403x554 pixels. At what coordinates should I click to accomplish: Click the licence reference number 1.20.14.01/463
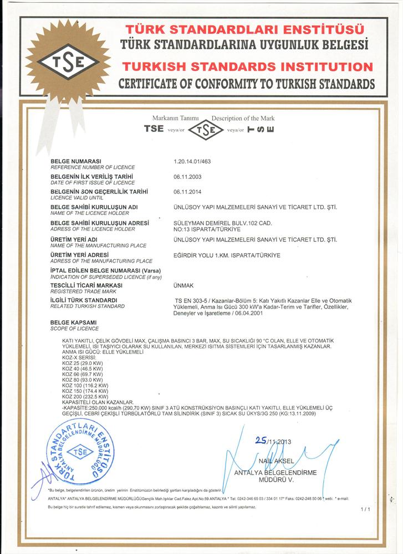(x=192, y=161)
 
